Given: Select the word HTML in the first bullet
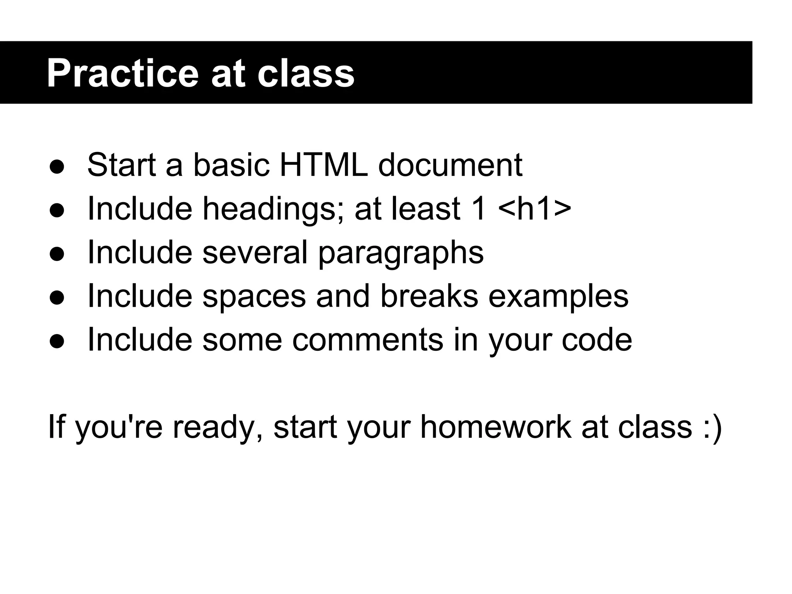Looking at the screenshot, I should [323, 165].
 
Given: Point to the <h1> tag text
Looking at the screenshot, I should [534, 209].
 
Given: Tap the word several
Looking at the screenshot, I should [255, 253].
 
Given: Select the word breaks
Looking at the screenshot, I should [429, 296].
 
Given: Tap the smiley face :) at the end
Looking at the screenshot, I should [711, 427].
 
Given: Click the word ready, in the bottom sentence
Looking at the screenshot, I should [218, 428].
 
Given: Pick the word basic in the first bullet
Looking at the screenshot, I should [231, 165].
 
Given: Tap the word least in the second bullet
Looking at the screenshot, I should [425, 209].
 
